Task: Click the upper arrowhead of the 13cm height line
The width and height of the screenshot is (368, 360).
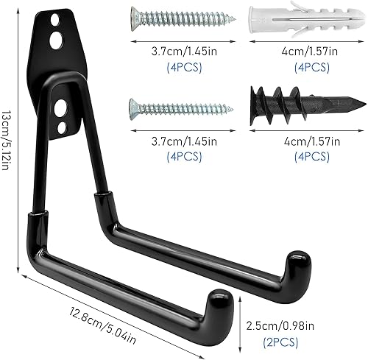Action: point(20,9)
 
